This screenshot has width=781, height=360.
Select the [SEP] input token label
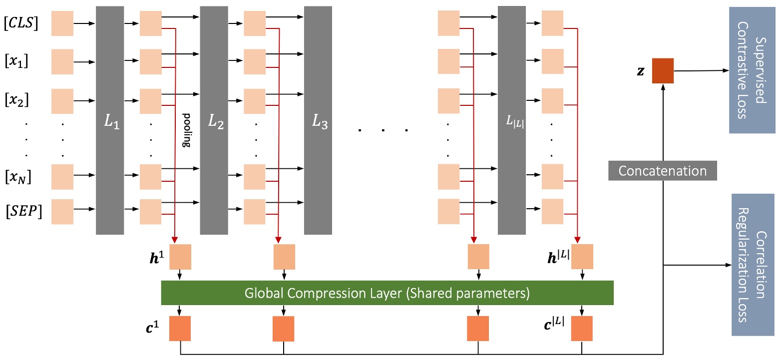23,211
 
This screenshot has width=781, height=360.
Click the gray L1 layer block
109,120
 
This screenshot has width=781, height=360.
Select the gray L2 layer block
214,120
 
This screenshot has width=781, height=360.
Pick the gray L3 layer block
318,120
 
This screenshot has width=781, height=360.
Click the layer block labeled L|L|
512,120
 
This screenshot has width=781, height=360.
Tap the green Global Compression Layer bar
387,293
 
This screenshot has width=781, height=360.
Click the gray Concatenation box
662,171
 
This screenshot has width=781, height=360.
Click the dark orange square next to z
663,70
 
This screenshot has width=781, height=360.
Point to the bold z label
641,71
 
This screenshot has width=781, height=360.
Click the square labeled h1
180,256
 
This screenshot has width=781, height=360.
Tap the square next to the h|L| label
582,256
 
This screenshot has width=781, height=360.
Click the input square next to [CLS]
62,24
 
